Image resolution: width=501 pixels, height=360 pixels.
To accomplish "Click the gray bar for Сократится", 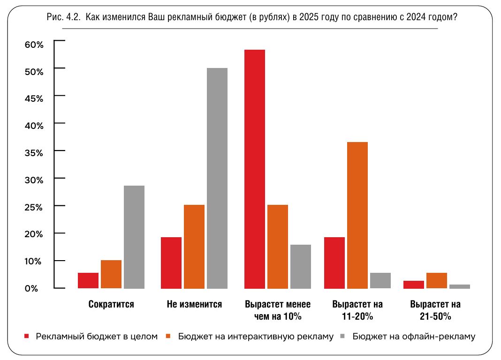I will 134,237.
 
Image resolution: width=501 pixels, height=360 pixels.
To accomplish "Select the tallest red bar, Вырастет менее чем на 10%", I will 255,169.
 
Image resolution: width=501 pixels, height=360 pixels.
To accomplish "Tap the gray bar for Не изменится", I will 217,178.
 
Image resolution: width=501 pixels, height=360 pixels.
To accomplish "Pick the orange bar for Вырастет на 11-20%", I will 357,215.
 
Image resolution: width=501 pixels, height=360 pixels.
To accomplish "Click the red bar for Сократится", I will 88,280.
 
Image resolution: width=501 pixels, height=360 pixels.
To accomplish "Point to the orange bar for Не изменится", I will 194,246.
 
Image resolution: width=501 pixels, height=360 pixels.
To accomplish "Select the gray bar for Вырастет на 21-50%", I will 460,286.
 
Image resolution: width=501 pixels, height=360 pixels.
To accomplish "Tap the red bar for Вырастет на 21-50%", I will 414,284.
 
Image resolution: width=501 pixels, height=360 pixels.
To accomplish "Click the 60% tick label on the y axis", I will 34,45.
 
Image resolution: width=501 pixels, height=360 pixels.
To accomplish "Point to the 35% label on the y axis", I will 34,153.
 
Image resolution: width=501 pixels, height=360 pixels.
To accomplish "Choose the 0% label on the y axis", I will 31,288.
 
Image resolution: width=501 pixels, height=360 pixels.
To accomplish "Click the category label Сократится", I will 111,304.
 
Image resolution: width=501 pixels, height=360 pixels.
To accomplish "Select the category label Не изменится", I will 194,304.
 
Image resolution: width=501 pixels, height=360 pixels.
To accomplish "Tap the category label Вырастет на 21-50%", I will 435,310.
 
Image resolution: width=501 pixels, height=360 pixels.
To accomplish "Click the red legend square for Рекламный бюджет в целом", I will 27,336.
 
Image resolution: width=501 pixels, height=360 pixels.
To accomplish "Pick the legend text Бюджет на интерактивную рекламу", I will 256,336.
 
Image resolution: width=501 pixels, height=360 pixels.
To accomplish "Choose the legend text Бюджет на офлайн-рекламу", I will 414,336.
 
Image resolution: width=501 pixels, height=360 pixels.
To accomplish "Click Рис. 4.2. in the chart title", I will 64,18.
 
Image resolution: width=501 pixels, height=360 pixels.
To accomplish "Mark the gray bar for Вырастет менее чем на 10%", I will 301,266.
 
